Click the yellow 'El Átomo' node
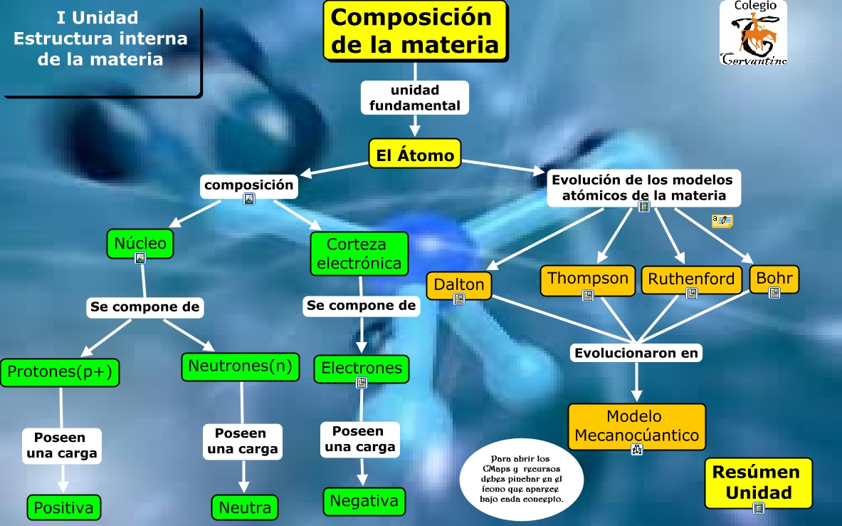click(415, 154)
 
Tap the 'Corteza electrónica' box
click(359, 254)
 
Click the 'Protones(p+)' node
click(60, 373)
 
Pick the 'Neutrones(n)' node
click(240, 366)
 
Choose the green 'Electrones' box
click(362, 368)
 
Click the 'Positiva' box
click(63, 507)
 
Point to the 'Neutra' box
click(244, 507)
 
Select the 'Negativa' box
click(364, 500)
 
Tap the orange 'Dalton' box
click(459, 284)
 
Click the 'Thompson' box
click(588, 278)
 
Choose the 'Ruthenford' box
click(691, 279)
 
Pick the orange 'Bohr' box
click(774, 278)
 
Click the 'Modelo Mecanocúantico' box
click(637, 426)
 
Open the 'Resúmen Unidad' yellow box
click(757, 483)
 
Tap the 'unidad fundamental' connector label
click(414, 98)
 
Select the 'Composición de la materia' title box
click(416, 30)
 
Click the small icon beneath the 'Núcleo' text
click(140, 258)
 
